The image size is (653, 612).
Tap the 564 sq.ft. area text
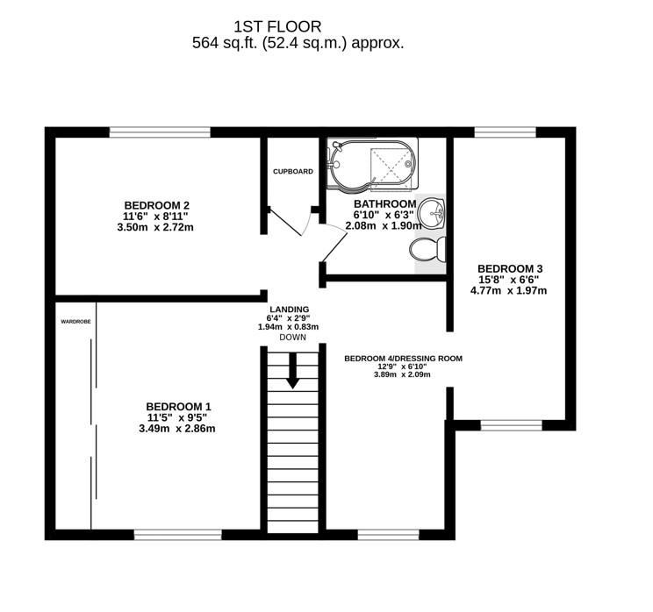click(298, 43)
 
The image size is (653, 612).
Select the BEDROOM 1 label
click(177, 406)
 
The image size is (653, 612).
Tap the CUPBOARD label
click(292, 171)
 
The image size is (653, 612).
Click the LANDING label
click(288, 309)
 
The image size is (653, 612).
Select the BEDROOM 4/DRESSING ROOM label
click(403, 358)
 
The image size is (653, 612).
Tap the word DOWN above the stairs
click(292, 338)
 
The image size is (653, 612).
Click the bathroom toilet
click(429, 250)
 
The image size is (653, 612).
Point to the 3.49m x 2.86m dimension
click(177, 429)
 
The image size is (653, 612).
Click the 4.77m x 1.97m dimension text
click(510, 290)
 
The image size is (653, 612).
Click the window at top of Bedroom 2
click(160, 132)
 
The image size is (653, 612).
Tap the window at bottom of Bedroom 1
click(177, 534)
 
